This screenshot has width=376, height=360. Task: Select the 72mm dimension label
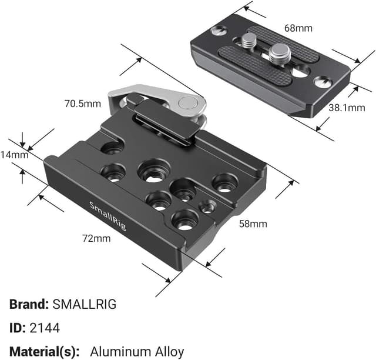(x=96, y=238)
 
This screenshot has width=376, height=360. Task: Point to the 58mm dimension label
(x=253, y=224)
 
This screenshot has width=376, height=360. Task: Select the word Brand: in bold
(x=29, y=304)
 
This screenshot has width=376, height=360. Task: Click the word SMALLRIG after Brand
(x=85, y=304)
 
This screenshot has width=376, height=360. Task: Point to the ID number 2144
(x=48, y=328)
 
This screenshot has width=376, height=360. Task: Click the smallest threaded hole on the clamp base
(x=206, y=206)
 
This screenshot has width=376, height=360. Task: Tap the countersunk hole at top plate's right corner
(x=321, y=82)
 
